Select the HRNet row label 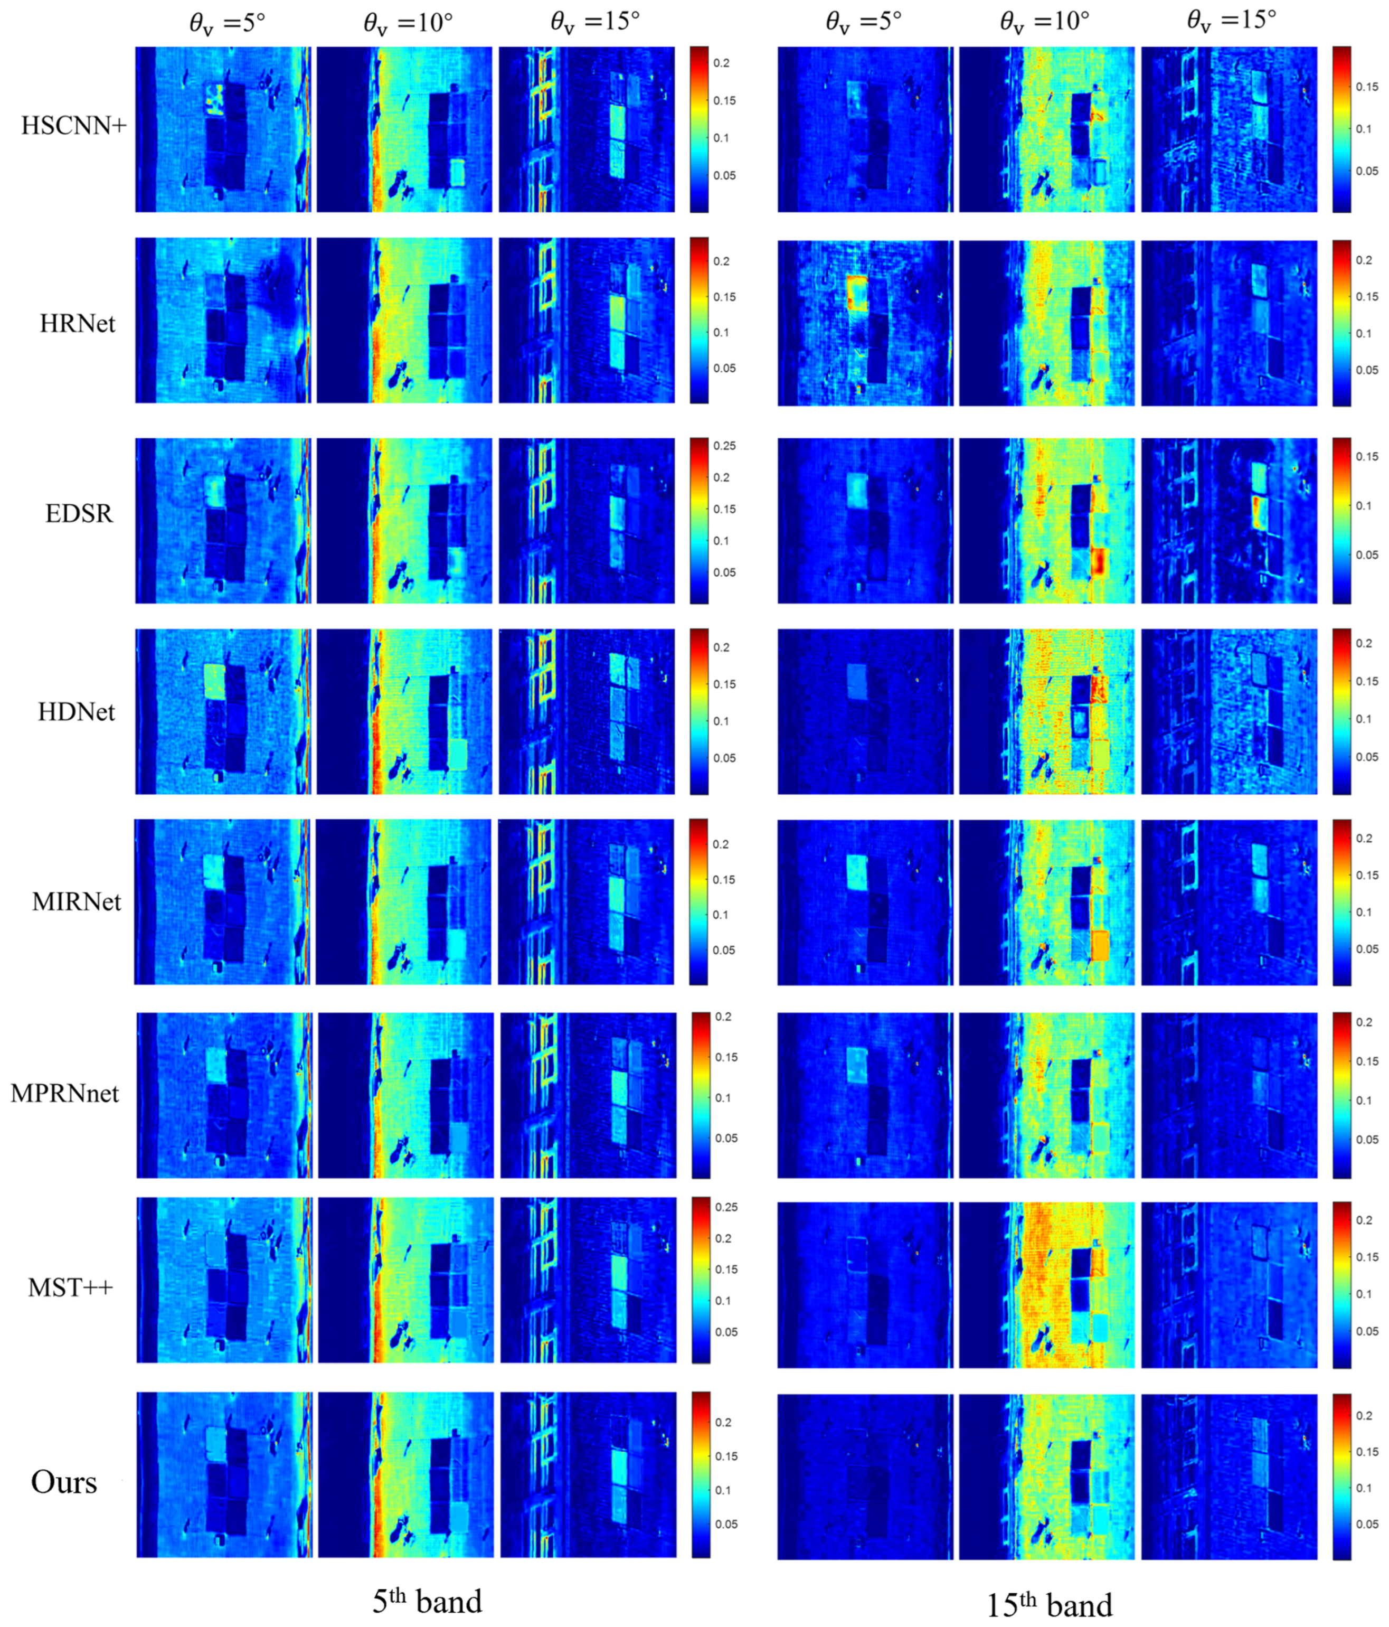point(77,324)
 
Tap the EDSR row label point(79,513)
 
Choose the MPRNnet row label point(64,1093)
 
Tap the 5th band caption point(427,1600)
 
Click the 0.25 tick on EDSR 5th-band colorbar point(724,446)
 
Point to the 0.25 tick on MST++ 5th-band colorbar point(725,1207)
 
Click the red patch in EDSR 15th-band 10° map point(1099,562)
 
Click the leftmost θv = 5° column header point(227,22)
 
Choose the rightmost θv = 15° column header point(1231,20)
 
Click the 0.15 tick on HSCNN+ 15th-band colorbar point(1366,87)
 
